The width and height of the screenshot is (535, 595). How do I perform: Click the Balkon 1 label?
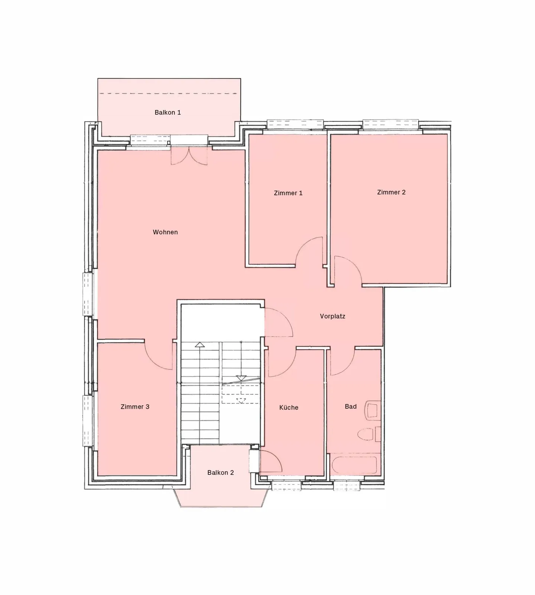(x=168, y=112)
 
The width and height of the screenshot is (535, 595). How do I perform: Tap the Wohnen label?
(x=165, y=232)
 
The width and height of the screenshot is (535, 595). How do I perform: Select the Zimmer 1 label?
(x=288, y=193)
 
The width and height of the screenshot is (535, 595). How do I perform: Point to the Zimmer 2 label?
(x=391, y=192)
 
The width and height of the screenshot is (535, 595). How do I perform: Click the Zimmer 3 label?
(x=135, y=407)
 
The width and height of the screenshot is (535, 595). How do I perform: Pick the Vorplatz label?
(x=333, y=316)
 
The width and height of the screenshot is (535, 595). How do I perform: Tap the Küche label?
(x=289, y=408)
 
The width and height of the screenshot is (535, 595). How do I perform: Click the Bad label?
(x=351, y=406)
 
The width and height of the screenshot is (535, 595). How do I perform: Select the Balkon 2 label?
(x=221, y=473)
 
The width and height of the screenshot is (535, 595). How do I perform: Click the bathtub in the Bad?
(x=354, y=465)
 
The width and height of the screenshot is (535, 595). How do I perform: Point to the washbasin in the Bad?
(x=373, y=410)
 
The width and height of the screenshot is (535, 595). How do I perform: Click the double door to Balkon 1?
(x=189, y=155)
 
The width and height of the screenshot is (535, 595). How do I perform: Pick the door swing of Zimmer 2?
(x=347, y=271)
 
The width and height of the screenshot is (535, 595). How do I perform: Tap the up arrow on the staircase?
(x=200, y=345)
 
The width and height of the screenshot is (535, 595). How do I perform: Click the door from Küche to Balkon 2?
(x=270, y=461)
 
